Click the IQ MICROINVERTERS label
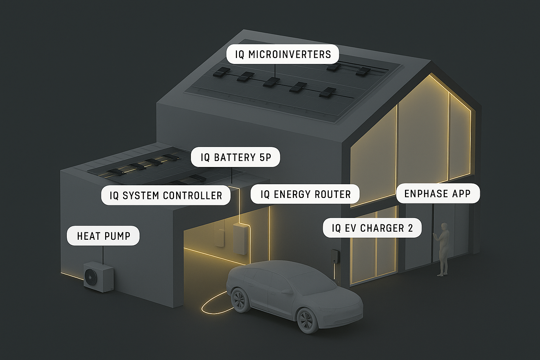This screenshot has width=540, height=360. [x=283, y=54]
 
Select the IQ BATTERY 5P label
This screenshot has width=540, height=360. [x=236, y=157]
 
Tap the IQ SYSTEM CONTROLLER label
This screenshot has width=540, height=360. [x=166, y=195]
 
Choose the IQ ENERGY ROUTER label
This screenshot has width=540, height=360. [x=305, y=194]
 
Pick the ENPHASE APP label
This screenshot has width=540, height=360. [x=438, y=193]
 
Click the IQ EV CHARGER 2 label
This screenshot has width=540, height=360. [x=372, y=228]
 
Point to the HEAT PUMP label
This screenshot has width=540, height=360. [x=103, y=236]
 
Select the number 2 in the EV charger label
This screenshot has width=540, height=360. [x=410, y=228]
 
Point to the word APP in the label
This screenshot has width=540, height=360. [x=460, y=193]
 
